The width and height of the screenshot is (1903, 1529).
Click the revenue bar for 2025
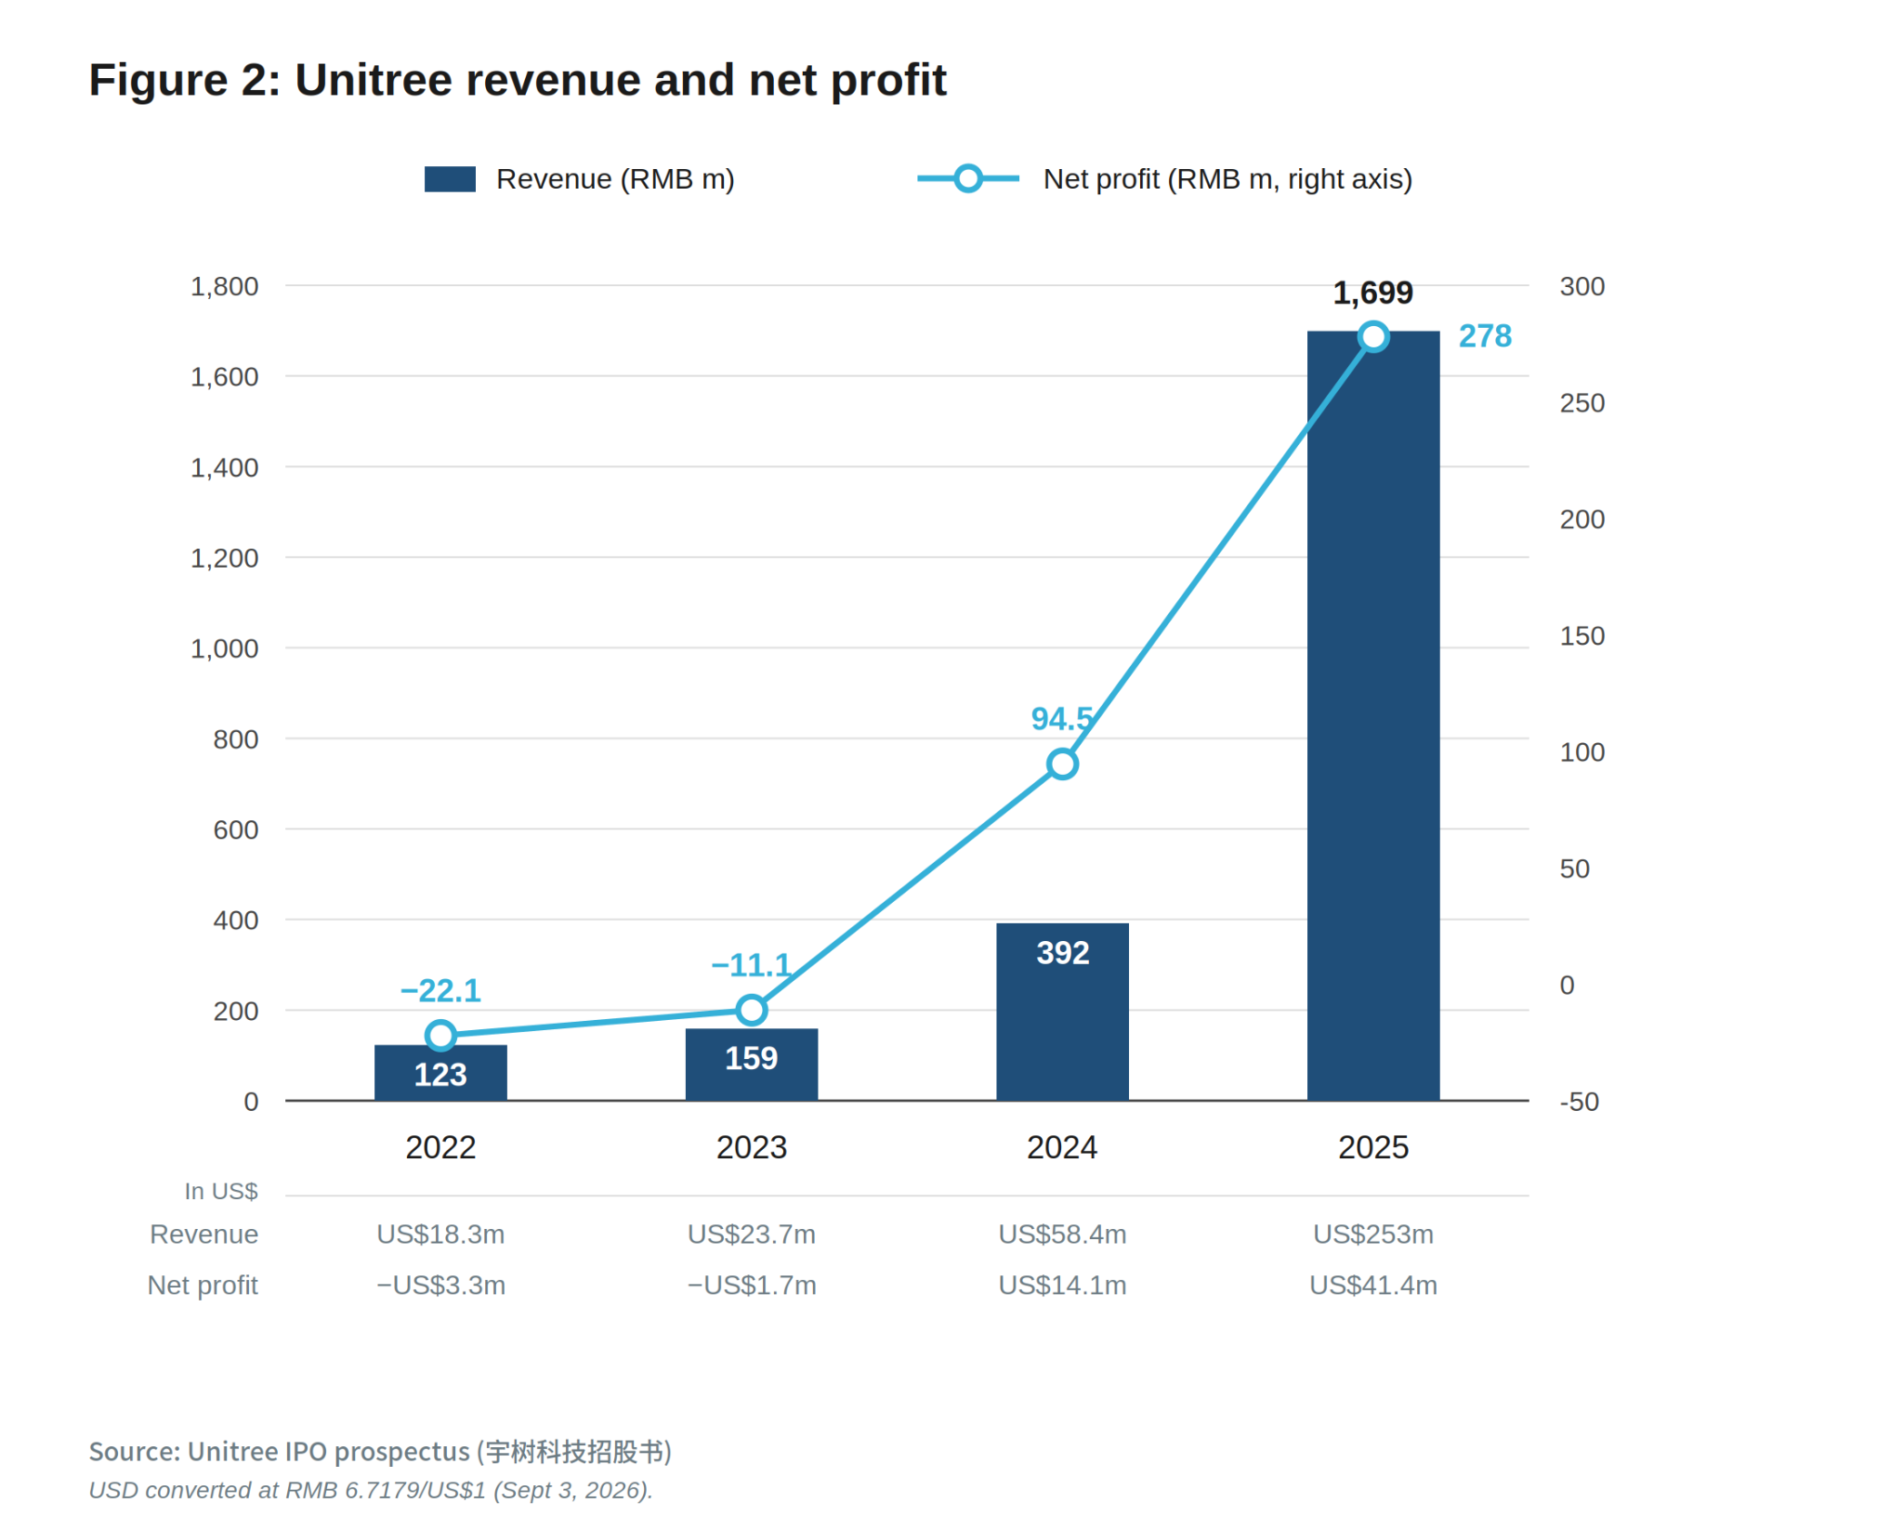pyautogui.click(x=1372, y=715)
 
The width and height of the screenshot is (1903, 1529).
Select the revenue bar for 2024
pyautogui.click(x=1062, y=1012)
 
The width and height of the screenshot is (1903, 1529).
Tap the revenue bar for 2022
pyautogui.click(x=440, y=1073)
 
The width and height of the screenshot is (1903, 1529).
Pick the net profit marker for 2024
pyautogui.click(x=1062, y=764)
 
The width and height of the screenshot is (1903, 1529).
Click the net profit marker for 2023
pyautogui.click(x=751, y=1010)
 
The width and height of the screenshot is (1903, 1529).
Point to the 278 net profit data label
pyautogui.click(x=1485, y=335)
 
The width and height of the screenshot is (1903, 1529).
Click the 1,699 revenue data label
pyautogui.click(x=1372, y=294)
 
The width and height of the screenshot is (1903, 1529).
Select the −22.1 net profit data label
pyautogui.click(x=440, y=991)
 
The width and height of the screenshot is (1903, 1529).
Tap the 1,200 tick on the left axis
pyautogui.click(x=225, y=558)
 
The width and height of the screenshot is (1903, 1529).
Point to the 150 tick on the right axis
pyautogui.click(x=1581, y=636)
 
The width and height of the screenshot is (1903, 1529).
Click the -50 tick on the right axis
pyautogui.click(x=1579, y=1102)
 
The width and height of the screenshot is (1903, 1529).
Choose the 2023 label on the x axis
pyautogui.click(x=751, y=1148)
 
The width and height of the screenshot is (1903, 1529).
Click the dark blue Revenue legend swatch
pyautogui.click(x=450, y=179)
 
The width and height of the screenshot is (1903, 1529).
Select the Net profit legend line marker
pyautogui.click(x=967, y=179)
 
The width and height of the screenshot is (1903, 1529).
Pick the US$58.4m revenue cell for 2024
pyautogui.click(x=1062, y=1235)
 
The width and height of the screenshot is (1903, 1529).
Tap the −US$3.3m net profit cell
pyautogui.click(x=440, y=1286)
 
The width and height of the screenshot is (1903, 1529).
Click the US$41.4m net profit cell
pyautogui.click(x=1372, y=1286)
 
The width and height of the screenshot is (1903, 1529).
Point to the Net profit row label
pyautogui.click(x=203, y=1286)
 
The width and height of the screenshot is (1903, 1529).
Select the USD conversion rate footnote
pyautogui.click(x=371, y=1490)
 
